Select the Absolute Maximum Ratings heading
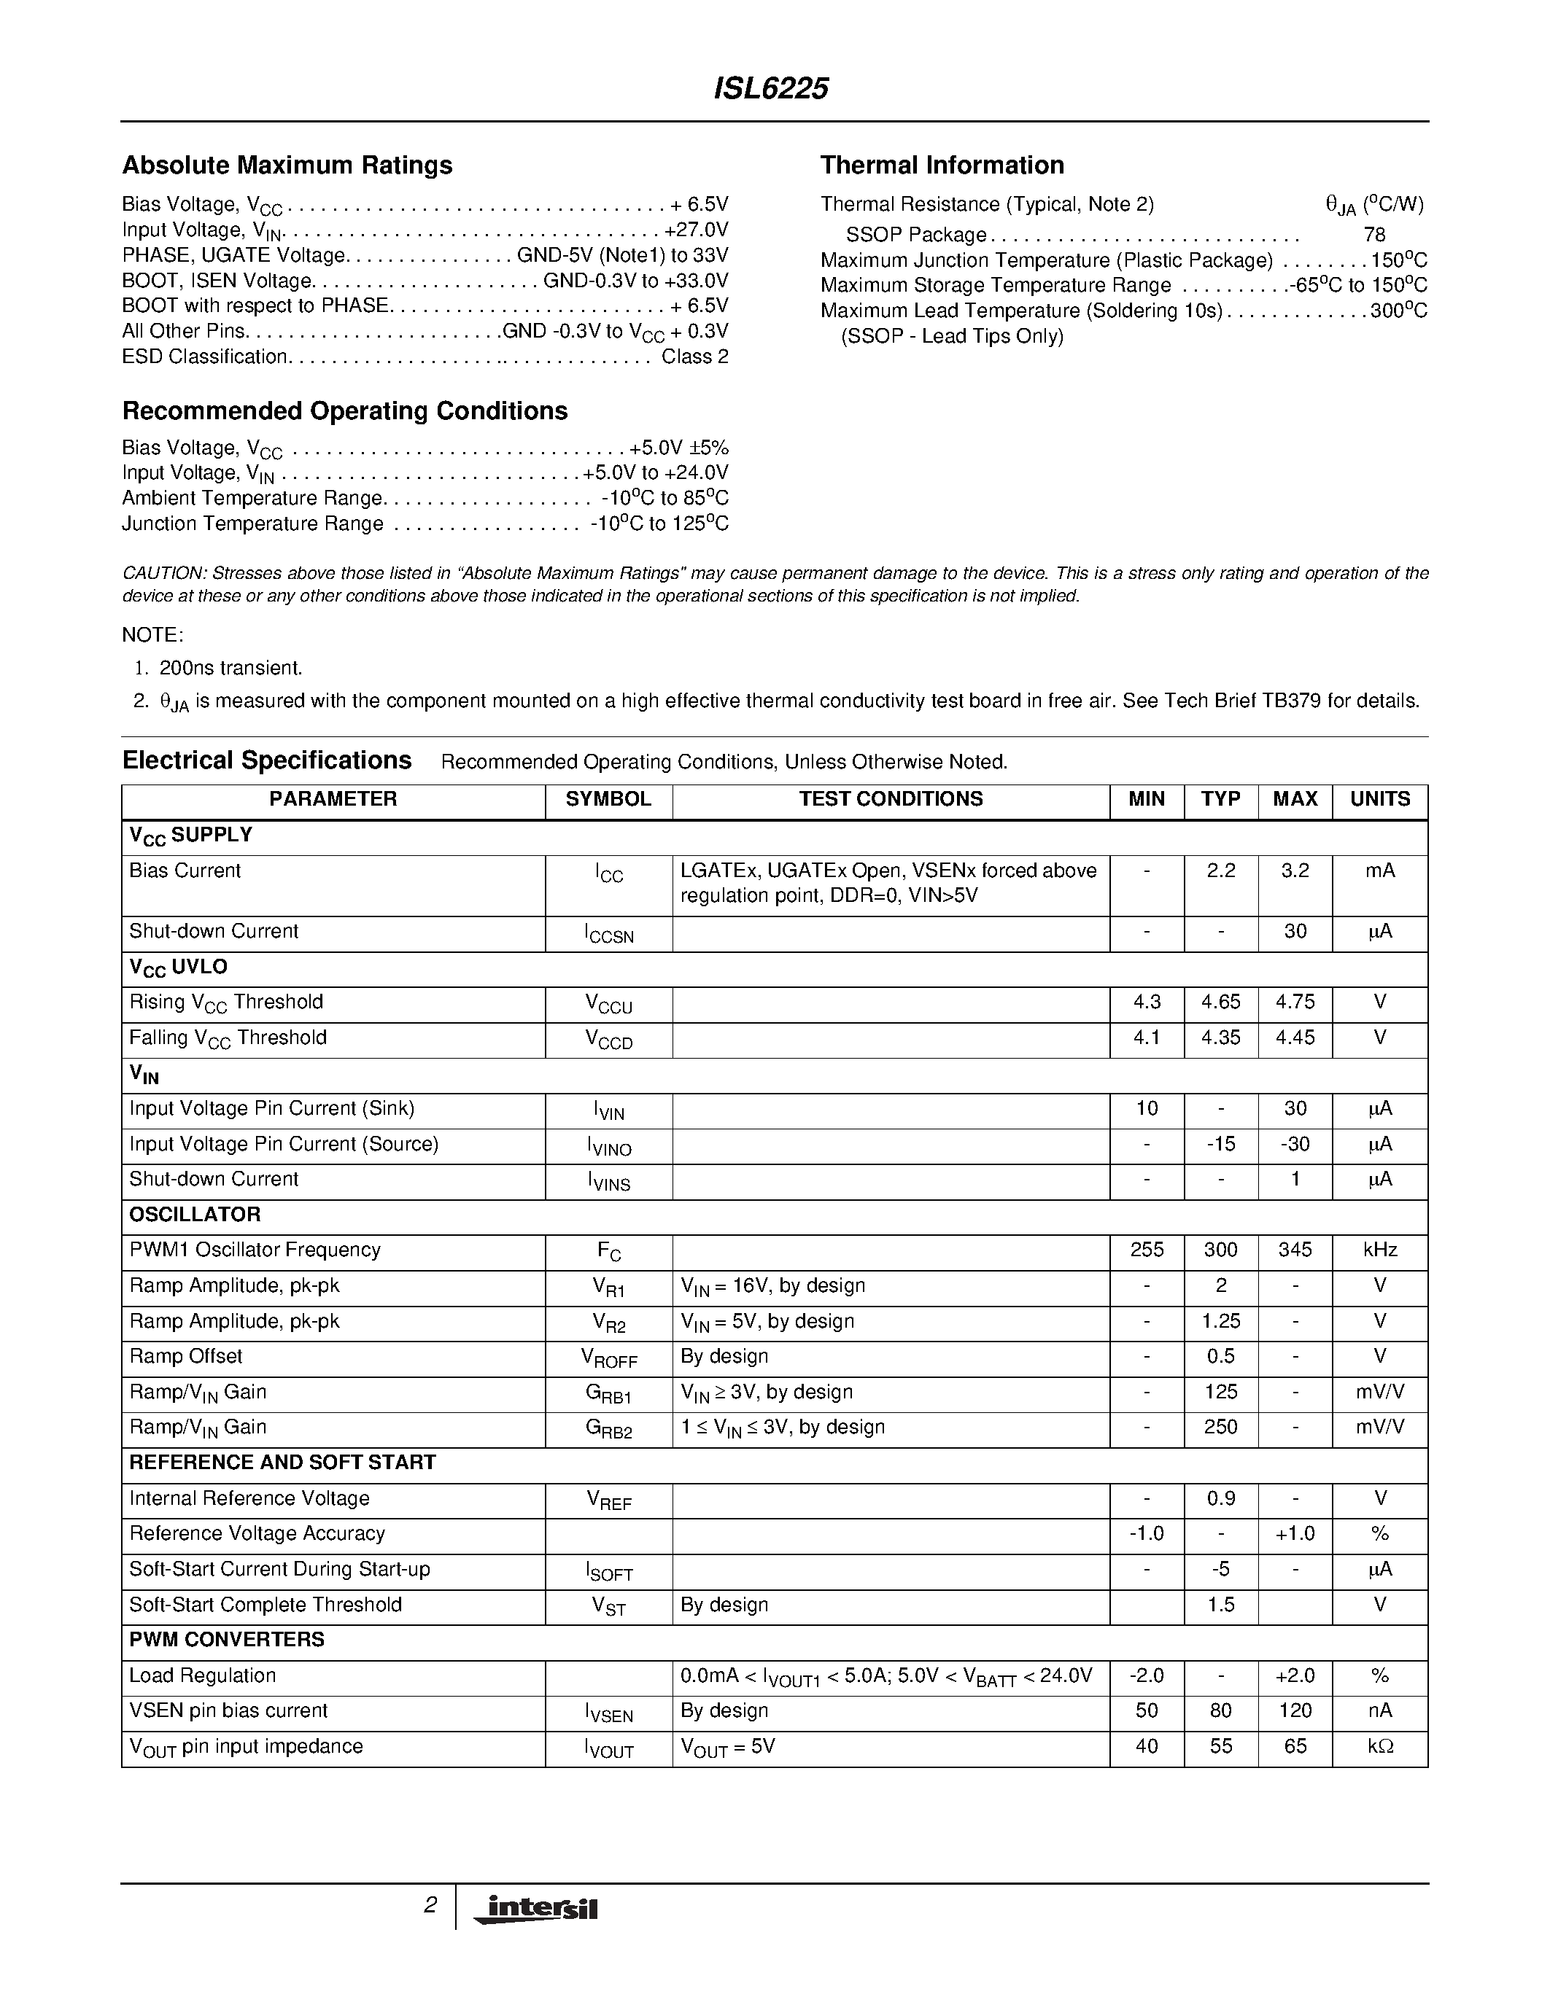pyautogui.click(x=287, y=166)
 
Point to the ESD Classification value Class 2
pyautogui.click(x=694, y=357)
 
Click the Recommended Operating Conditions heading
pyautogui.click(x=344, y=410)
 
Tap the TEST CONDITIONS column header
pyautogui.click(x=890, y=798)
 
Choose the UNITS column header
pyautogui.click(x=1379, y=798)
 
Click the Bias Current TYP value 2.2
pyautogui.click(x=1220, y=871)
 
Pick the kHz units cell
pyautogui.click(x=1379, y=1250)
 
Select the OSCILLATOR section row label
pyautogui.click(x=195, y=1215)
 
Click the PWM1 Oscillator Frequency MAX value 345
pyautogui.click(x=1295, y=1250)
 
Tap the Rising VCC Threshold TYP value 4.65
pyautogui.click(x=1220, y=1002)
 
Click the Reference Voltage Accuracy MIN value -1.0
pyautogui.click(x=1146, y=1533)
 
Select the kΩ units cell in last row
pyautogui.click(x=1379, y=1746)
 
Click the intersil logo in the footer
pyautogui.click(x=535, y=1909)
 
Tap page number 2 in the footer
pyautogui.click(x=430, y=1906)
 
